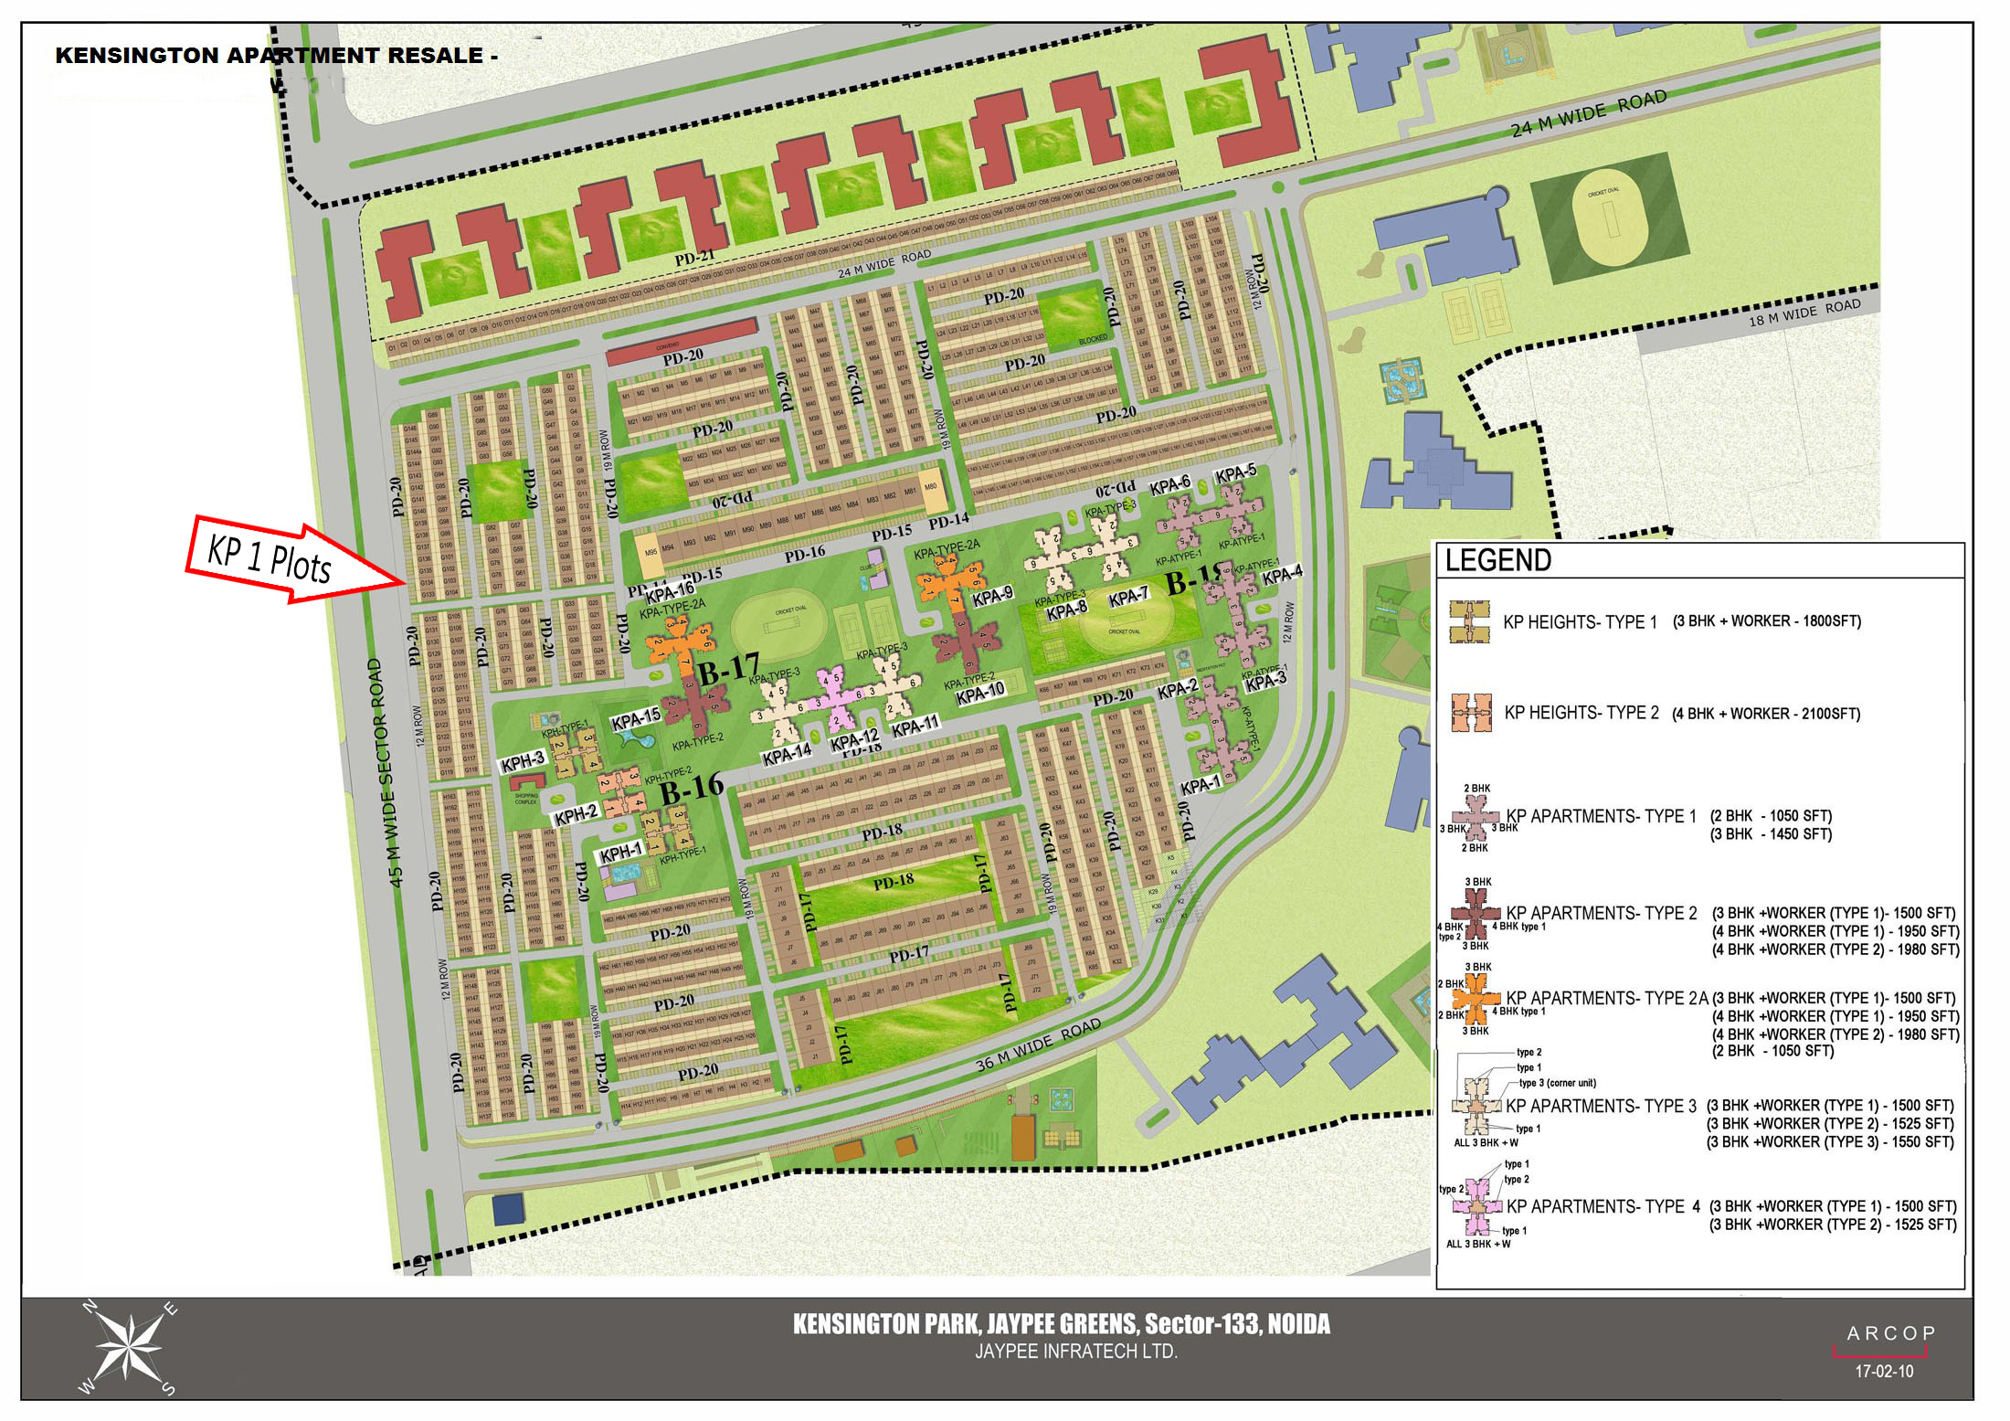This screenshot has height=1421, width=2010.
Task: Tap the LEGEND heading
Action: point(1497,560)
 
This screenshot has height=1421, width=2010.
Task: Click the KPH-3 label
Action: point(523,760)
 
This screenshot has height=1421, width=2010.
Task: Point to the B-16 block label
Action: point(692,788)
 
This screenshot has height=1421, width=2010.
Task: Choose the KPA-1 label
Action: point(1200,785)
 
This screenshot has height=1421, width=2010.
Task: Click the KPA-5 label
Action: point(1235,473)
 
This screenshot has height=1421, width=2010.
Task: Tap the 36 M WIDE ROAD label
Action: point(1038,1045)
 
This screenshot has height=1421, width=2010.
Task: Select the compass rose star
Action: point(128,1347)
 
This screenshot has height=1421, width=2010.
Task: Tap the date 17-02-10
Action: point(1884,1372)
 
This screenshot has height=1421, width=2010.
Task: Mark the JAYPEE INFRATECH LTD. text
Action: point(1075,1352)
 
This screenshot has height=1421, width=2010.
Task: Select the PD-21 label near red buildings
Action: point(694,259)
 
